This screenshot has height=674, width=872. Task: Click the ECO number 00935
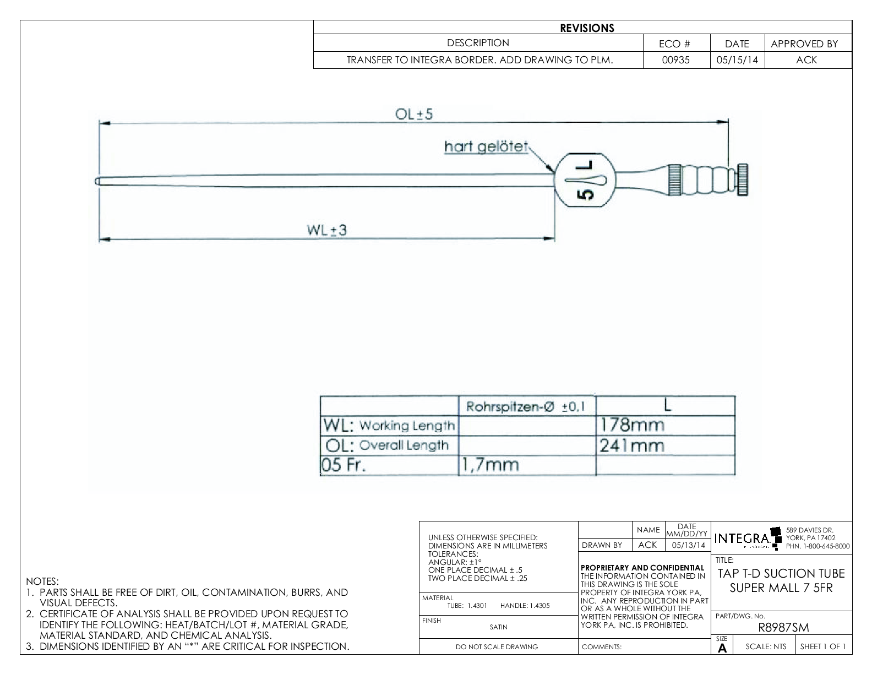[x=676, y=60]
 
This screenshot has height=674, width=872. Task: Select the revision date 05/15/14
[x=737, y=60]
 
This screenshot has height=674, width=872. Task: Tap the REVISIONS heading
[x=587, y=28]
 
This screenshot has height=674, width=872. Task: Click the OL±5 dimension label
[x=414, y=114]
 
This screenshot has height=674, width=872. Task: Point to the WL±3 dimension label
[x=327, y=230]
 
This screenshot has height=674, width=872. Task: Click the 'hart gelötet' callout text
[x=486, y=147]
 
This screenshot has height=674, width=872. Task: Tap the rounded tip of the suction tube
[x=97, y=180]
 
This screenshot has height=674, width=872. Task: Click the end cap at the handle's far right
[x=743, y=180]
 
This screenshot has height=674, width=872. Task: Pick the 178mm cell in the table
[x=632, y=425]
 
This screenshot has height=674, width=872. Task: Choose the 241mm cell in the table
[x=632, y=445]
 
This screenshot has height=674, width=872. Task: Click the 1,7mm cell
[x=489, y=465]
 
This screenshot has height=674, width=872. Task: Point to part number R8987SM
[x=783, y=628]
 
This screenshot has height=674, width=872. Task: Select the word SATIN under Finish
[x=498, y=627]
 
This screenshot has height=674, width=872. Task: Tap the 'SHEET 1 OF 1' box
[x=823, y=646]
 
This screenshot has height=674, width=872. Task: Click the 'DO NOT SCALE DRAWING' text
[x=497, y=647]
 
